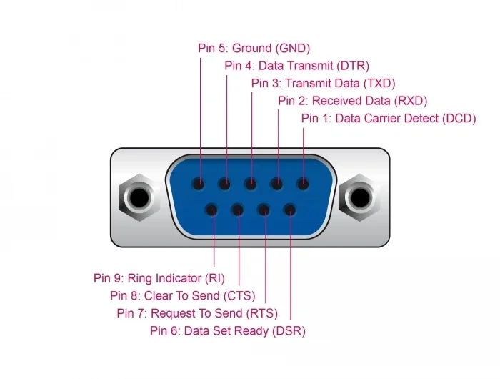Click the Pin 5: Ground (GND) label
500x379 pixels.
point(254,48)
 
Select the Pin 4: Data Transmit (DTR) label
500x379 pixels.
point(296,66)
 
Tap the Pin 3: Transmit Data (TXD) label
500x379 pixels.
point(323,84)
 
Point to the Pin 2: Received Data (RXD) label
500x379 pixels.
point(352,101)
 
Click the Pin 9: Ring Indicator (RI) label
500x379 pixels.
point(159,278)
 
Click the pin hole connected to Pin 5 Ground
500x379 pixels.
point(199,184)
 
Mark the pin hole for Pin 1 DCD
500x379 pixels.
point(303,184)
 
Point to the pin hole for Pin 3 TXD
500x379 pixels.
point(251,184)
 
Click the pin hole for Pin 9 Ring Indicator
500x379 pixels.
point(211,210)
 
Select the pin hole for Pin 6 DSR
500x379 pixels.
point(289,210)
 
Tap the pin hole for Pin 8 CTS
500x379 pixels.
point(238,210)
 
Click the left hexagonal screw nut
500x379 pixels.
point(139,197)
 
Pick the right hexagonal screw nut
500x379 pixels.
point(360,197)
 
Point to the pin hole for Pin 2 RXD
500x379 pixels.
point(276,184)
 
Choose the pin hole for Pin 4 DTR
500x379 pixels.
point(224,184)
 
